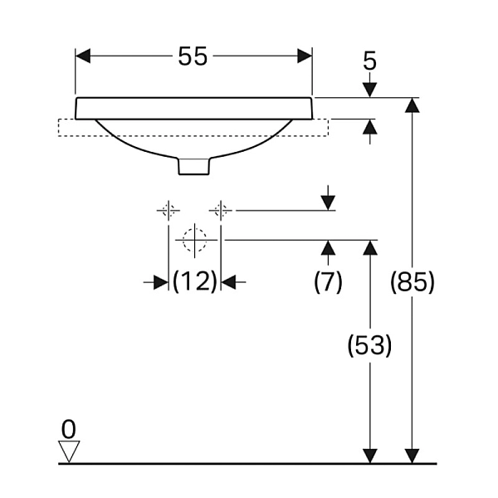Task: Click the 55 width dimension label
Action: pos(193,56)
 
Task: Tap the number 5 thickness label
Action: pos(369,61)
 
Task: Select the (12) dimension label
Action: pos(195,281)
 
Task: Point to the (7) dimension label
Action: pos(328,281)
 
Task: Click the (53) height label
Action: pos(369,345)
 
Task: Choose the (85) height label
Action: pos(412,281)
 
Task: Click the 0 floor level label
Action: pos(69,429)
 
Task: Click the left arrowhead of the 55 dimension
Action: pos(83,56)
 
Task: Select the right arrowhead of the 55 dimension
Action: pos(305,56)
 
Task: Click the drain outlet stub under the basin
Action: pos(194,166)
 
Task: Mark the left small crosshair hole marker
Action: pos(168,210)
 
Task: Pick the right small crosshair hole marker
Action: pos(221,210)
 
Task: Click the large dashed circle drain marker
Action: pos(194,240)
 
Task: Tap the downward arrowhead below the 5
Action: pos(369,90)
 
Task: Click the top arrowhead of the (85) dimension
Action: pos(413,105)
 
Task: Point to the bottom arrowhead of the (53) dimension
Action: pos(370,456)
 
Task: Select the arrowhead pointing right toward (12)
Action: pos(161,281)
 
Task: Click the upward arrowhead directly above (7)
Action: pos(328,247)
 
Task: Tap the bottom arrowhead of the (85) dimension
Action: pos(413,456)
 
